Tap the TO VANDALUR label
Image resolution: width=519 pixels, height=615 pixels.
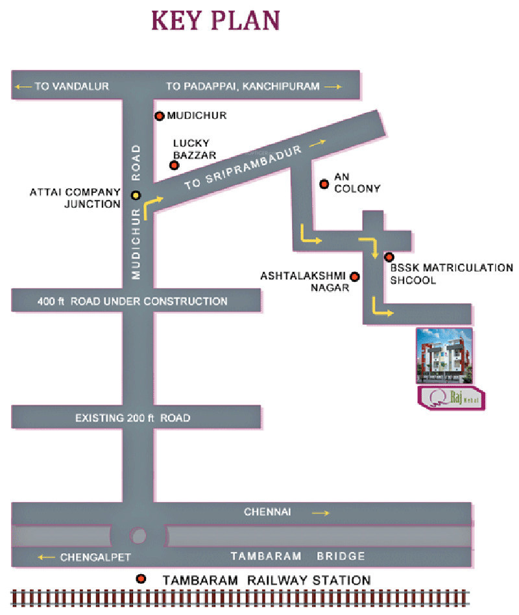tap(71, 86)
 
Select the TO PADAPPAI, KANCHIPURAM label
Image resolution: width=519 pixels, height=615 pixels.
tap(243, 86)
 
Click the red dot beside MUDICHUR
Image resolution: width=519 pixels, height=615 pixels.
tap(159, 116)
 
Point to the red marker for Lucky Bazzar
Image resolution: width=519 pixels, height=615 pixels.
tap(174, 165)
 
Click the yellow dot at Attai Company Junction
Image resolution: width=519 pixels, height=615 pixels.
tap(136, 195)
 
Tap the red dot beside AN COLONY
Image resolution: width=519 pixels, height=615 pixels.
tap(324, 184)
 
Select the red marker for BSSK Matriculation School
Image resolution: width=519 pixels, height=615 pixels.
tap(389, 257)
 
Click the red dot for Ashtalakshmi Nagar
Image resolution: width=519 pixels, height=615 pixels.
tap(355, 277)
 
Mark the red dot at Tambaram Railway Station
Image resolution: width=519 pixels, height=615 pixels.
tap(141, 579)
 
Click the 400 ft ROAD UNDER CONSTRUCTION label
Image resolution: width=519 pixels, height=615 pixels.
tap(132, 301)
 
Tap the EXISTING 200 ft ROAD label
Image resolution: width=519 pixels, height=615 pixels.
tap(132, 418)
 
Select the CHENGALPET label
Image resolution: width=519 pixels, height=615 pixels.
tap(95, 557)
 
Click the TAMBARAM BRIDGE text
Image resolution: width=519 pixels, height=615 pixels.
tap(298, 557)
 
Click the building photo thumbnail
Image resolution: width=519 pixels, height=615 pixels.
tap(444, 355)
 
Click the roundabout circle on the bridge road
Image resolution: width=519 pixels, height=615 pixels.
tap(139, 535)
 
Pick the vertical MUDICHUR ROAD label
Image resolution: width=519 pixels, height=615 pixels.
tap(136, 212)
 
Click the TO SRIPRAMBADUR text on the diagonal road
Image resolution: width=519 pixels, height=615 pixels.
tap(243, 167)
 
